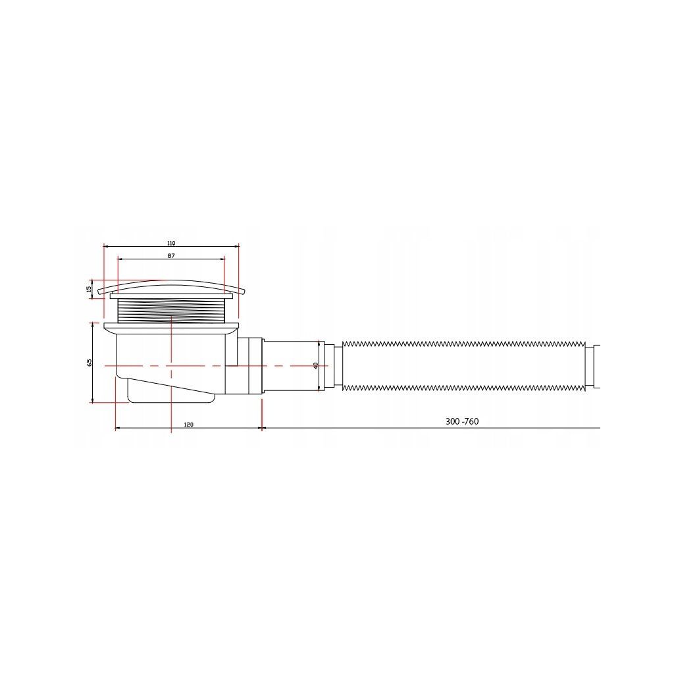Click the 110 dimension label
[x=171, y=244]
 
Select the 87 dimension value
[x=171, y=256]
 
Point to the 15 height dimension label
[x=89, y=290]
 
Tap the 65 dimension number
[x=90, y=362]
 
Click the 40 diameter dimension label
[x=315, y=365]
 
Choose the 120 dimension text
[x=188, y=425]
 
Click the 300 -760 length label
[x=461, y=421]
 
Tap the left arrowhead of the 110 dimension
[x=106, y=246]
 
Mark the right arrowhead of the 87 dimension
[x=222, y=259]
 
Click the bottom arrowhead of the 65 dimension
[x=92, y=400]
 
